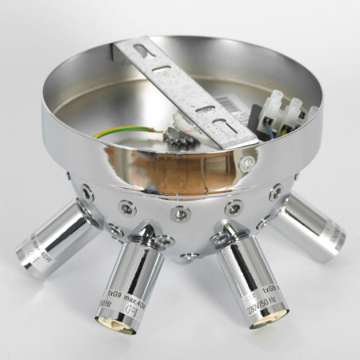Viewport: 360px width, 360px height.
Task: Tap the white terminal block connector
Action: (x=284, y=112)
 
